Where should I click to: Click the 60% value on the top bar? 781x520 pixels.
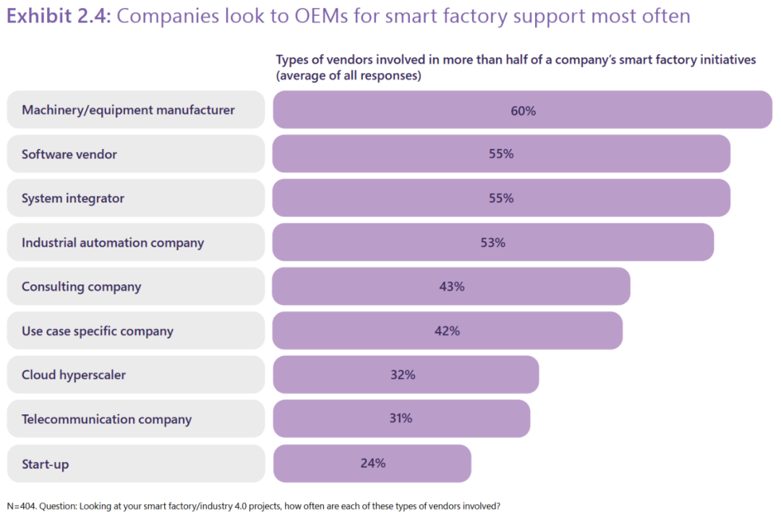[522, 111]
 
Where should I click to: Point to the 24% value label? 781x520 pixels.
[372, 464]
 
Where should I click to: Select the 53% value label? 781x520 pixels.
[492, 243]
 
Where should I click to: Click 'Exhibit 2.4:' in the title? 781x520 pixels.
[58, 17]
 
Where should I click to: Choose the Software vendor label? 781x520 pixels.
[69, 154]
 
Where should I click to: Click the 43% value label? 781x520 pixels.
[451, 286]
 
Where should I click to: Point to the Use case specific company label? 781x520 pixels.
[98, 331]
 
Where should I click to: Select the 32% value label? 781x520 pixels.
[402, 375]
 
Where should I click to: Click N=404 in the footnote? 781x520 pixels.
[22, 506]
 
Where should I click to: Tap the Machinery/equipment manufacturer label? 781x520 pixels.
[128, 110]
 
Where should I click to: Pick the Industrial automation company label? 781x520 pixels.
[113, 243]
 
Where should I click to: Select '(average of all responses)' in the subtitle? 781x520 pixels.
[349, 75]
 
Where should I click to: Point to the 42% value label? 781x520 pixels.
[447, 331]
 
